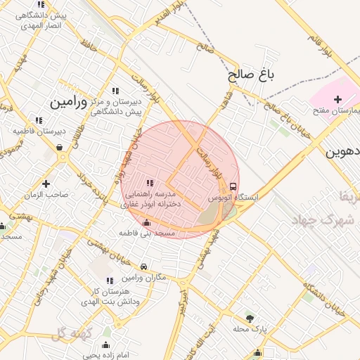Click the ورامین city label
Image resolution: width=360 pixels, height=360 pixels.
[67, 103]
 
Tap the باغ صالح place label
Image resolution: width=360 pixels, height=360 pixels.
[249, 73]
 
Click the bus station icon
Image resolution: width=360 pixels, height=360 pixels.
[233, 187]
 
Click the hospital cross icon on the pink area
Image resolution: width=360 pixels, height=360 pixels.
[338, 99]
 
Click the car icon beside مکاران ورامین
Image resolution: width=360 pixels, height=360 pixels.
[144, 267]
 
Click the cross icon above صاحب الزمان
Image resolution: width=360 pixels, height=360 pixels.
[46, 184]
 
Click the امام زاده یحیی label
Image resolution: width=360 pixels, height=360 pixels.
[105, 355]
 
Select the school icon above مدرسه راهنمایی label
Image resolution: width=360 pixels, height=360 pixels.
[150, 183]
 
